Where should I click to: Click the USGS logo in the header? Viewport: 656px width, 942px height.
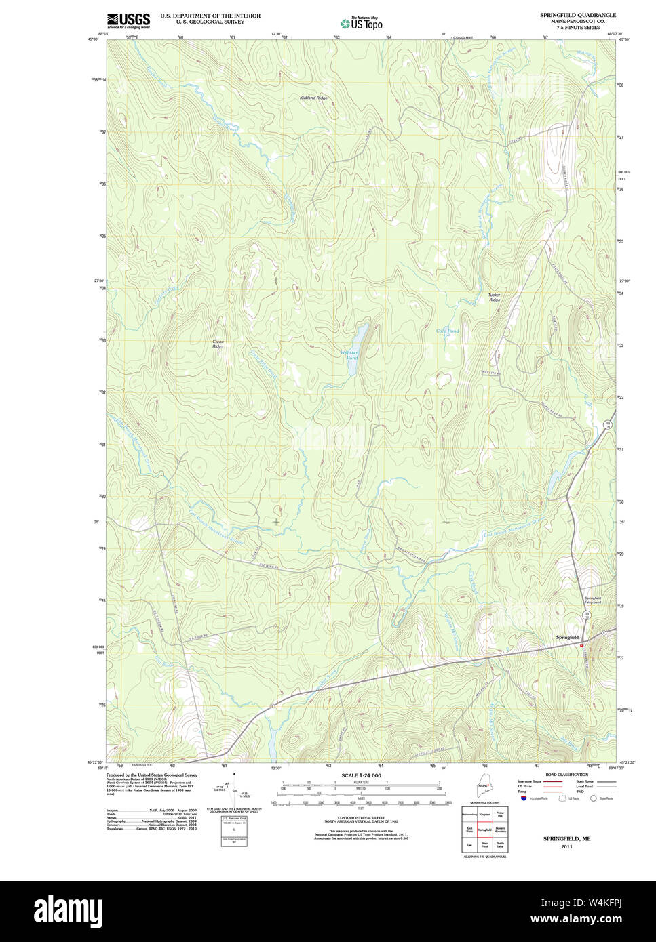click(x=128, y=20)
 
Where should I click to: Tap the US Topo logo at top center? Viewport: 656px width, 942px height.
click(x=362, y=24)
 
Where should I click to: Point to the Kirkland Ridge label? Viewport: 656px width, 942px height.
click(x=313, y=98)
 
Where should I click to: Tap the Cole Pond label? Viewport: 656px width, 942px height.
click(x=447, y=331)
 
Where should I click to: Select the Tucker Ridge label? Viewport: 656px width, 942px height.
click(x=494, y=297)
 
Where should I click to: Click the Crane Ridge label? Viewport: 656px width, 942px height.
click(x=217, y=344)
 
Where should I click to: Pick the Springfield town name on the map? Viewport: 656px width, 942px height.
click(x=567, y=638)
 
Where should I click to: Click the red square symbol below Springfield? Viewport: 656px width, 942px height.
click(x=581, y=646)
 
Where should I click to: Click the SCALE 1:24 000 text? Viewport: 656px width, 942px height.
click(x=361, y=775)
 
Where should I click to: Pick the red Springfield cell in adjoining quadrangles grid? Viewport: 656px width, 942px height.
click(x=484, y=829)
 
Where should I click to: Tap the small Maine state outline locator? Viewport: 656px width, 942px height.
click(x=484, y=790)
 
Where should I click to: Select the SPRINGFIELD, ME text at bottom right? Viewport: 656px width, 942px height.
click(x=566, y=838)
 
